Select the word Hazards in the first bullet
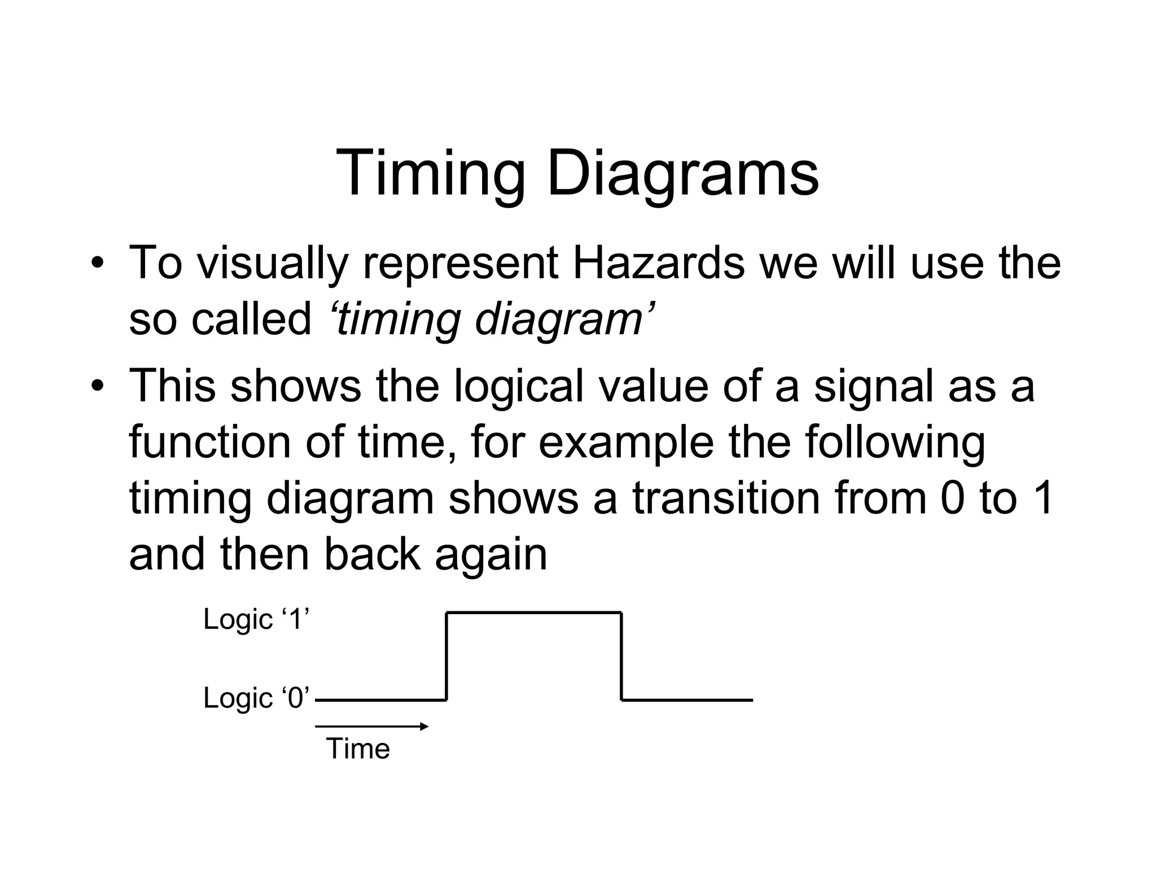pos(658,263)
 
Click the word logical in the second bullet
pos(519,386)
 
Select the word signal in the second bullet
pos(873,386)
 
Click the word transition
pos(725,498)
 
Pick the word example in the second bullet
pos(626,442)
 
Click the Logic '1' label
pos(256,619)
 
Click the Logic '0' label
pos(256,698)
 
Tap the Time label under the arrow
pos(358,749)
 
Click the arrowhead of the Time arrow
pos(424,726)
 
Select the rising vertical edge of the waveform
pos(446,656)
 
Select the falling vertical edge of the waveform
pos(621,656)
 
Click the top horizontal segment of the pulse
pos(534,612)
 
